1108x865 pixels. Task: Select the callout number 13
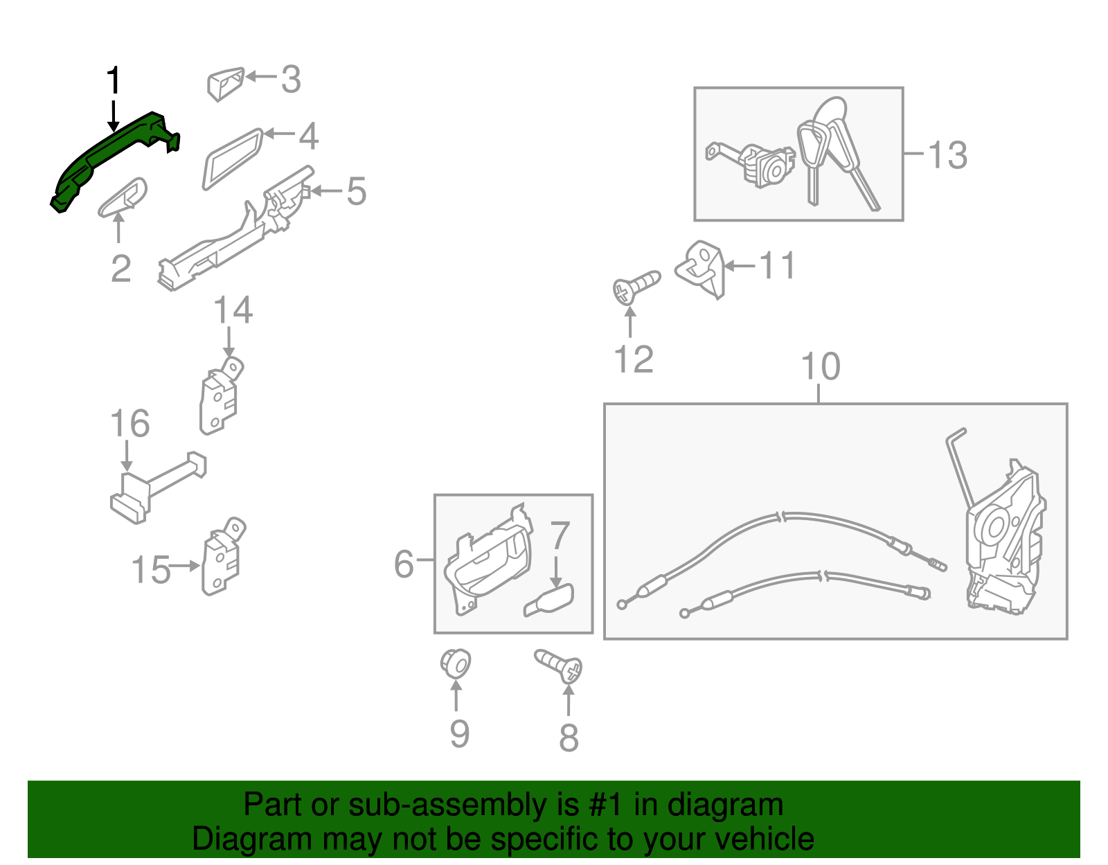pyautogui.click(x=947, y=155)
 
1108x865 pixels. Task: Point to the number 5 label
pyautogui.click(x=357, y=191)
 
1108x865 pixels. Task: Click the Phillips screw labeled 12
pyautogui.click(x=636, y=287)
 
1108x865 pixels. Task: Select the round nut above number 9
pyautogui.click(x=456, y=663)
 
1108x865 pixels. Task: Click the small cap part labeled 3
pyautogui.click(x=226, y=84)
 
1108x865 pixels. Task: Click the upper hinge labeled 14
pyautogui.click(x=220, y=396)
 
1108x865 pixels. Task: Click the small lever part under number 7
pyautogui.click(x=549, y=600)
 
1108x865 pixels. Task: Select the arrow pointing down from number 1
pyautogui.click(x=113, y=116)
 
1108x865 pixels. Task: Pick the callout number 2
pyautogui.click(x=121, y=268)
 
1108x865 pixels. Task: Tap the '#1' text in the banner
pyautogui.click(x=606, y=805)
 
